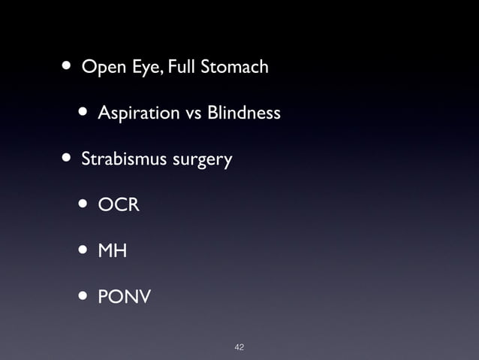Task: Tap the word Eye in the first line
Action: point(140,68)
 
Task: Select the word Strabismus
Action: point(123,160)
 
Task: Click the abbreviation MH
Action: point(112,251)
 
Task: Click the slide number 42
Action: point(239,346)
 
